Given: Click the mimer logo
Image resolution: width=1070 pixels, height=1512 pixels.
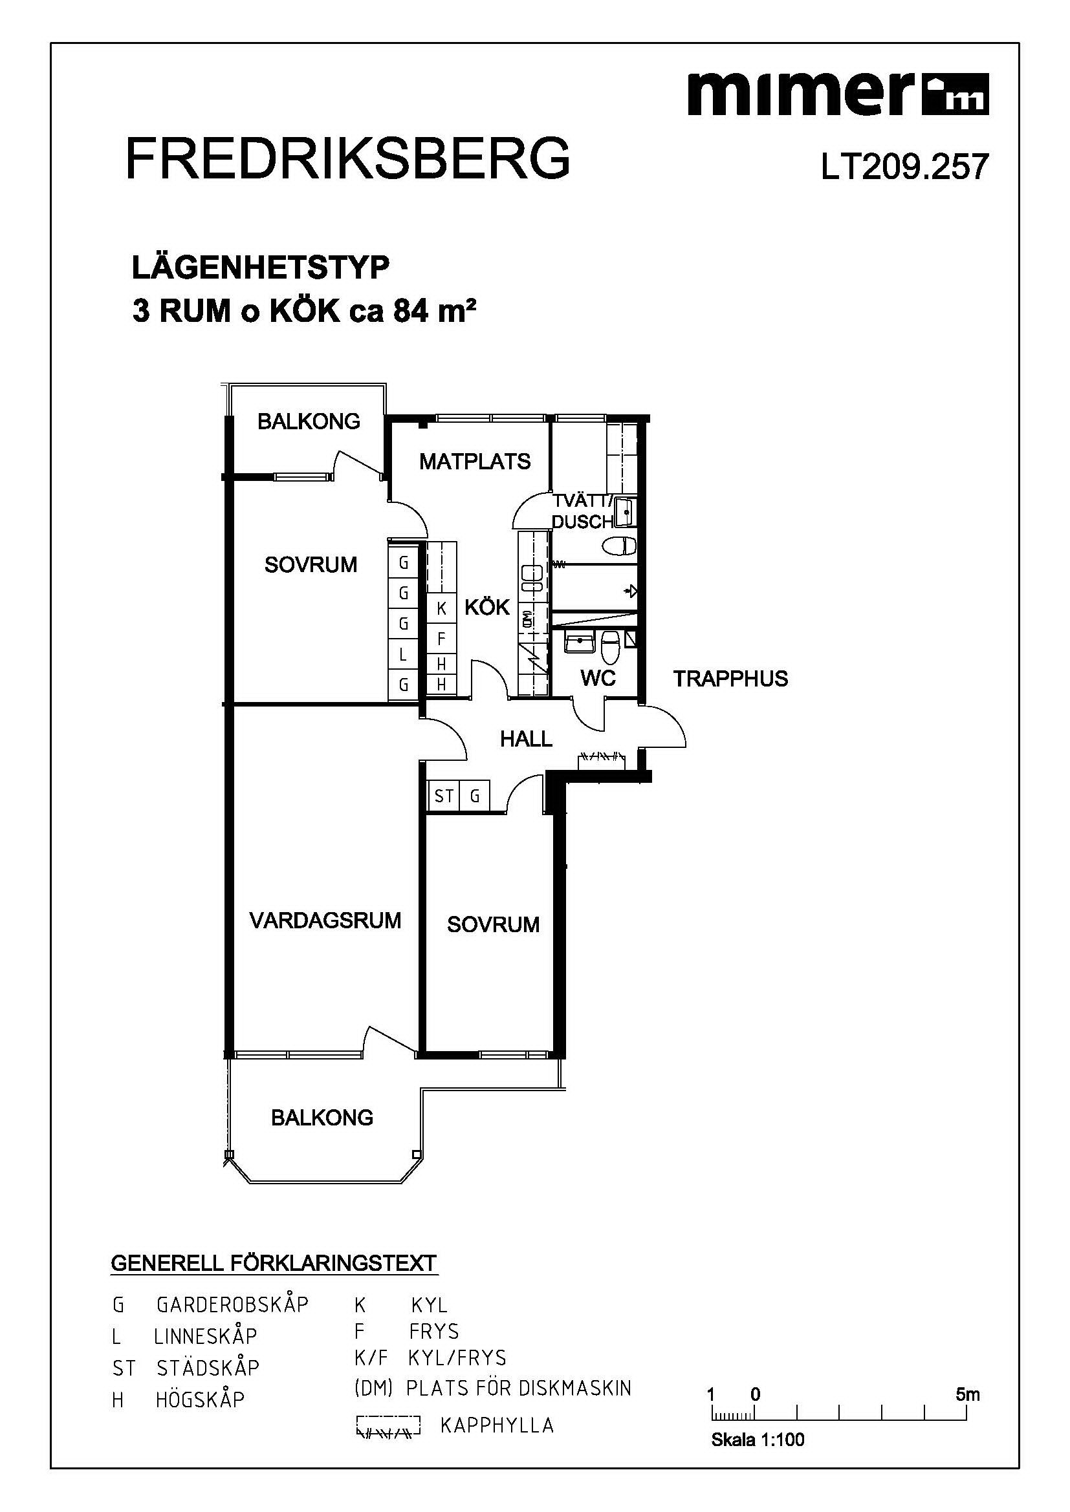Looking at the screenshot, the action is [x=838, y=94].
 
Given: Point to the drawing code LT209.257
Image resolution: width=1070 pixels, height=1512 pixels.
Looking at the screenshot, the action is [x=904, y=167].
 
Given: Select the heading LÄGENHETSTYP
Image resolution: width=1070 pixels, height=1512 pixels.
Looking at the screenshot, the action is [x=261, y=268].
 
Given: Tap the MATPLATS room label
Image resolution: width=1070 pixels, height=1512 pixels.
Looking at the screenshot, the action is [x=475, y=461].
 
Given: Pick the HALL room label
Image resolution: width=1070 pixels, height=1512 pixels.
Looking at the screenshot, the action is [x=526, y=739].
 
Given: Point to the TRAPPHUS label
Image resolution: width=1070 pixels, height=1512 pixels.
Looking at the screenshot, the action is [x=730, y=678].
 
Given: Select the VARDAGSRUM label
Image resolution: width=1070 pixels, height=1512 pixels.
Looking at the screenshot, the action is [x=325, y=920].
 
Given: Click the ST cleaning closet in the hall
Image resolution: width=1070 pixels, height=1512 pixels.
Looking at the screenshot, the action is [x=443, y=796].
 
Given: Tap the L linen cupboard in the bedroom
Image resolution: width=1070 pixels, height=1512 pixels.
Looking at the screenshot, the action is [x=403, y=655].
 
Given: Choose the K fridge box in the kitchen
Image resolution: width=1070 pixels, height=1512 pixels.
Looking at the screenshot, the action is [x=441, y=609].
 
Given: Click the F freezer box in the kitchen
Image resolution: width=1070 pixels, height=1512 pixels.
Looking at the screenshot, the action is [x=441, y=639].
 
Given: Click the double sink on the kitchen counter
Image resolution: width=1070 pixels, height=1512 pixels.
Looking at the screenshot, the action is [x=532, y=577].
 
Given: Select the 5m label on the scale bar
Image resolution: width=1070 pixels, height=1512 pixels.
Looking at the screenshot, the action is [x=968, y=1394].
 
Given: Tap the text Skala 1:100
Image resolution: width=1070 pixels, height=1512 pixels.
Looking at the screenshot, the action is [x=758, y=1440].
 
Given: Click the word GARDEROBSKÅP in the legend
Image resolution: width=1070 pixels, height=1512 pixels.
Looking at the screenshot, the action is [x=233, y=1304].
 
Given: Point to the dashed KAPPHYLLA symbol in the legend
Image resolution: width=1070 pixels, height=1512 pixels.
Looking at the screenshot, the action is [x=388, y=1425].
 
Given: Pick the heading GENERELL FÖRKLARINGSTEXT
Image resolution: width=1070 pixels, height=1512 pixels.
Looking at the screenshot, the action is [x=274, y=1263].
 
